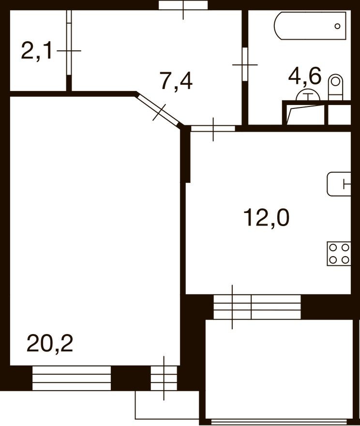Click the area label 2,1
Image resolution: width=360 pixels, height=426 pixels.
pyautogui.click(x=37, y=50)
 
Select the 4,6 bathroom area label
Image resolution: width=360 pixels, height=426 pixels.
pyautogui.click(x=304, y=76)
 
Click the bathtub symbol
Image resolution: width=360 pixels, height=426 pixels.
pyautogui.click(x=310, y=26)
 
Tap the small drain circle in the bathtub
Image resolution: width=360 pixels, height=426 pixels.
pyautogui.click(x=337, y=27)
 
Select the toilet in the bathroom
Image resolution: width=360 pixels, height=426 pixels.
pyautogui.click(x=335, y=88)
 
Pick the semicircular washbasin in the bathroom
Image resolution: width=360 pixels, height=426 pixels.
pyautogui.click(x=308, y=95)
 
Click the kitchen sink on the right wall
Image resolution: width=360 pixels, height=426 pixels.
pyautogui.click(x=339, y=184)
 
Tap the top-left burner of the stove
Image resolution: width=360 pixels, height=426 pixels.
pyautogui.click(x=333, y=248)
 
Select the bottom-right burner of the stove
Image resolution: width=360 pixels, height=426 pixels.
pyautogui.click(x=345, y=260)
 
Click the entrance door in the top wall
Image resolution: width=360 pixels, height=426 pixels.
pyautogui.click(x=183, y=5)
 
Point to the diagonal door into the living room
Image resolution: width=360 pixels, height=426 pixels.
pyautogui.click(x=160, y=110)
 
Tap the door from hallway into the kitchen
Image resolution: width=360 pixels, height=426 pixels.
pyautogui.click(x=213, y=128)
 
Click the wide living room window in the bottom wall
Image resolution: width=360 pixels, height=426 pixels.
pyautogui.click(x=72, y=378)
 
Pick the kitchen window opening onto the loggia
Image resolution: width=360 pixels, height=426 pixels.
pyautogui.click(x=257, y=307)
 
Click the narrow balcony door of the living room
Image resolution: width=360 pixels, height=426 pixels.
pyautogui.click(x=164, y=378)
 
